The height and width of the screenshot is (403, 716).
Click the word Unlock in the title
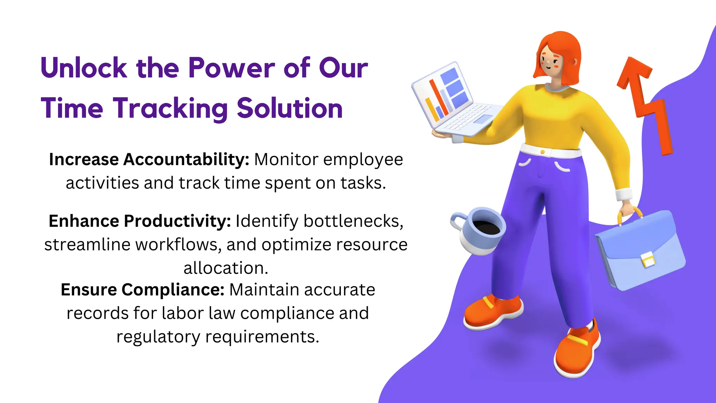point(84,68)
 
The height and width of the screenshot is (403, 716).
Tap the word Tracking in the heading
point(170,108)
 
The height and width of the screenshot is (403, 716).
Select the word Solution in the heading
point(289,108)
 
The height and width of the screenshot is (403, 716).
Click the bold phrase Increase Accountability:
point(149,160)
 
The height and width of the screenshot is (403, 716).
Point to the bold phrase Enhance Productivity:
point(139,221)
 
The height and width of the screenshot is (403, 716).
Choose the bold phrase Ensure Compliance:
point(142,290)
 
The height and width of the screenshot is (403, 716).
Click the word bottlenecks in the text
point(353,221)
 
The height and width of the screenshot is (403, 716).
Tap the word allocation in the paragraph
point(225,268)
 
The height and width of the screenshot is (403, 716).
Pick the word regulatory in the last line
point(158,337)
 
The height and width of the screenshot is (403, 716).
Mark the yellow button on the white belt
point(542,152)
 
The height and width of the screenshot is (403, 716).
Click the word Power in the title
point(231,68)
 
